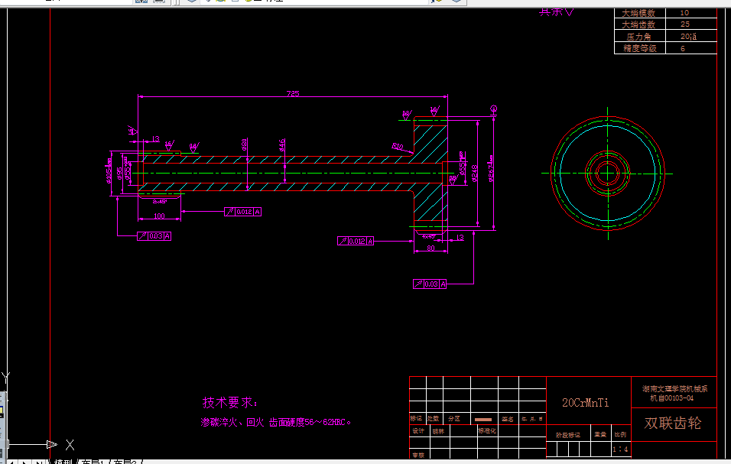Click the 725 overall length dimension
pos(293,94)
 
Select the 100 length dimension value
pos(159,216)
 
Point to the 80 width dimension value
pos(430,248)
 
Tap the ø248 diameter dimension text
pos(474,174)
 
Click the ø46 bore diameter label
pos(283,144)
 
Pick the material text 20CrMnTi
pos(586,402)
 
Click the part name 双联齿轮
pos(673,423)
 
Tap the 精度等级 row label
pos(639,48)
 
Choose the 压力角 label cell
pos(639,36)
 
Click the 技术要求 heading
pos(230,403)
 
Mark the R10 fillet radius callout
pos(398,146)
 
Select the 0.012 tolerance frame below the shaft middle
pos(243,212)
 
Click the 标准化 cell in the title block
pos(487,430)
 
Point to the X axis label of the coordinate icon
pos(70,444)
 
